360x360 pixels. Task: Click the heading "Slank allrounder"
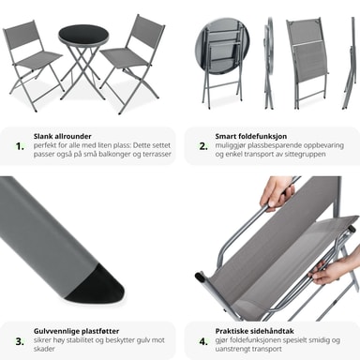(63, 136)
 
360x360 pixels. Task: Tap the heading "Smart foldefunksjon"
(251, 136)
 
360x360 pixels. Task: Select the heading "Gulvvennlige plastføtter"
(77, 331)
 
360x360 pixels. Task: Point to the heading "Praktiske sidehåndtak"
(254, 331)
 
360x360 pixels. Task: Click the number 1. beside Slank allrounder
(20, 146)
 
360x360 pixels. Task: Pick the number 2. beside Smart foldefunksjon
(203, 146)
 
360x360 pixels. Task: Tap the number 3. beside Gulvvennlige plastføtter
(20, 341)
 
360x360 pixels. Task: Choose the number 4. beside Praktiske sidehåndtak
(203, 341)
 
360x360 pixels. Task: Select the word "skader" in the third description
(44, 349)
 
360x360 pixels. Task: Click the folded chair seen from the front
(308, 63)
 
